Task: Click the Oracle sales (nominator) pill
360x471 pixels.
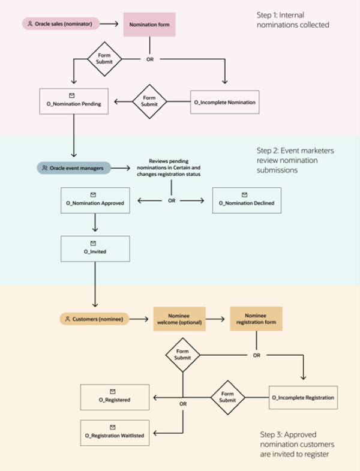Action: [60, 25]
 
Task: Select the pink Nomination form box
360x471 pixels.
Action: [149, 25]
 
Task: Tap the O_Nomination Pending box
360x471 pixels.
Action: [73, 100]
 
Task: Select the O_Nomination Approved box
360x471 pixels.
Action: [95, 200]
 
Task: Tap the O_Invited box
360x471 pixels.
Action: [95, 248]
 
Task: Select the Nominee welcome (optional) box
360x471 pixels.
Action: [179, 319]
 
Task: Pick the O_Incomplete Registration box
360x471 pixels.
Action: [303, 397]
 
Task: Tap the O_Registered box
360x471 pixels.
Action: [115, 396]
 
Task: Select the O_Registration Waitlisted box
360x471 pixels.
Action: [115, 432]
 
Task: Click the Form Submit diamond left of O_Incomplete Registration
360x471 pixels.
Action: [227, 397]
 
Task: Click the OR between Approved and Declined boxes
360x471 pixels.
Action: [172, 200]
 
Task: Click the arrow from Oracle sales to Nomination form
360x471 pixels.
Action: [108, 25]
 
